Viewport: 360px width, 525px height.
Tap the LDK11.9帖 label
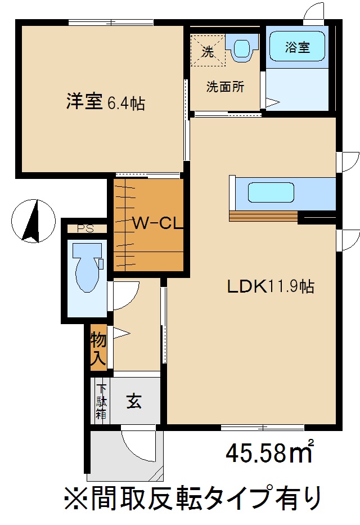pos(270,286)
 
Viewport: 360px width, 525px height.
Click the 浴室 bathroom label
pos(297,48)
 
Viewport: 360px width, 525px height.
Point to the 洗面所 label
pos(225,87)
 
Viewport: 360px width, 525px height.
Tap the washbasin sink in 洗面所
pos(242,47)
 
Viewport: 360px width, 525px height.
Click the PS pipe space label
pos(85,228)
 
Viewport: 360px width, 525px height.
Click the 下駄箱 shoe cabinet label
pos(101,401)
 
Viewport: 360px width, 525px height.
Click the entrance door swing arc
pos(135,445)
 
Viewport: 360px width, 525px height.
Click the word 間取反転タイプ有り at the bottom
pos(191,498)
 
